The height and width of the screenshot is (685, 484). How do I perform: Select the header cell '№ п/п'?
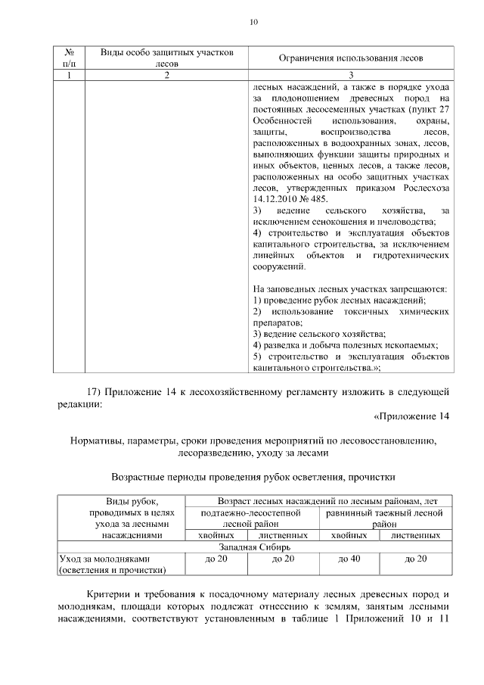69,58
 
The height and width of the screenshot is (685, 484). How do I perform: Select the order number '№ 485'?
317,199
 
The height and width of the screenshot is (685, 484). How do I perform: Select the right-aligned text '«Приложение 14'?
411,417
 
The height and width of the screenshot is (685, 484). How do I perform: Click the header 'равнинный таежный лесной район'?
384,518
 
